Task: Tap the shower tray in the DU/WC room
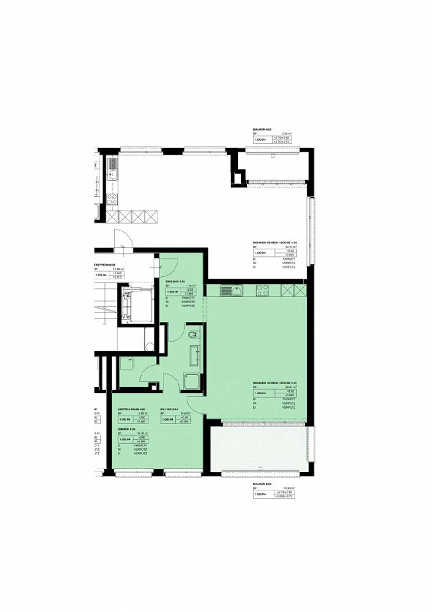tap(191, 381)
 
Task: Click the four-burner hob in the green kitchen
tap(262, 290)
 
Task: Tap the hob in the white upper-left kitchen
tap(112, 200)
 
